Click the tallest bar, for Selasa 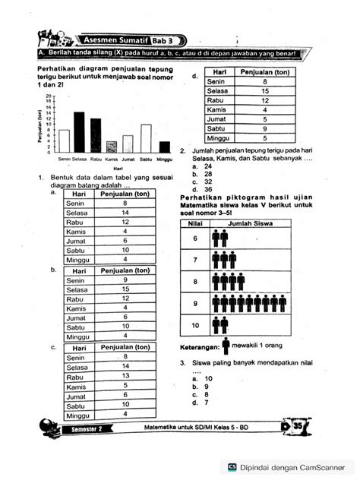(x=79, y=133)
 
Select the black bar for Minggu (x=164, y=147)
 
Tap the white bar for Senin (x=65, y=141)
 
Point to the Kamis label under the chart (x=112, y=159)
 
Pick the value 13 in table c (x=125, y=376)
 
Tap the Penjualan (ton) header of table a (x=125, y=194)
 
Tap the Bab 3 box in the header (x=164, y=39)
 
